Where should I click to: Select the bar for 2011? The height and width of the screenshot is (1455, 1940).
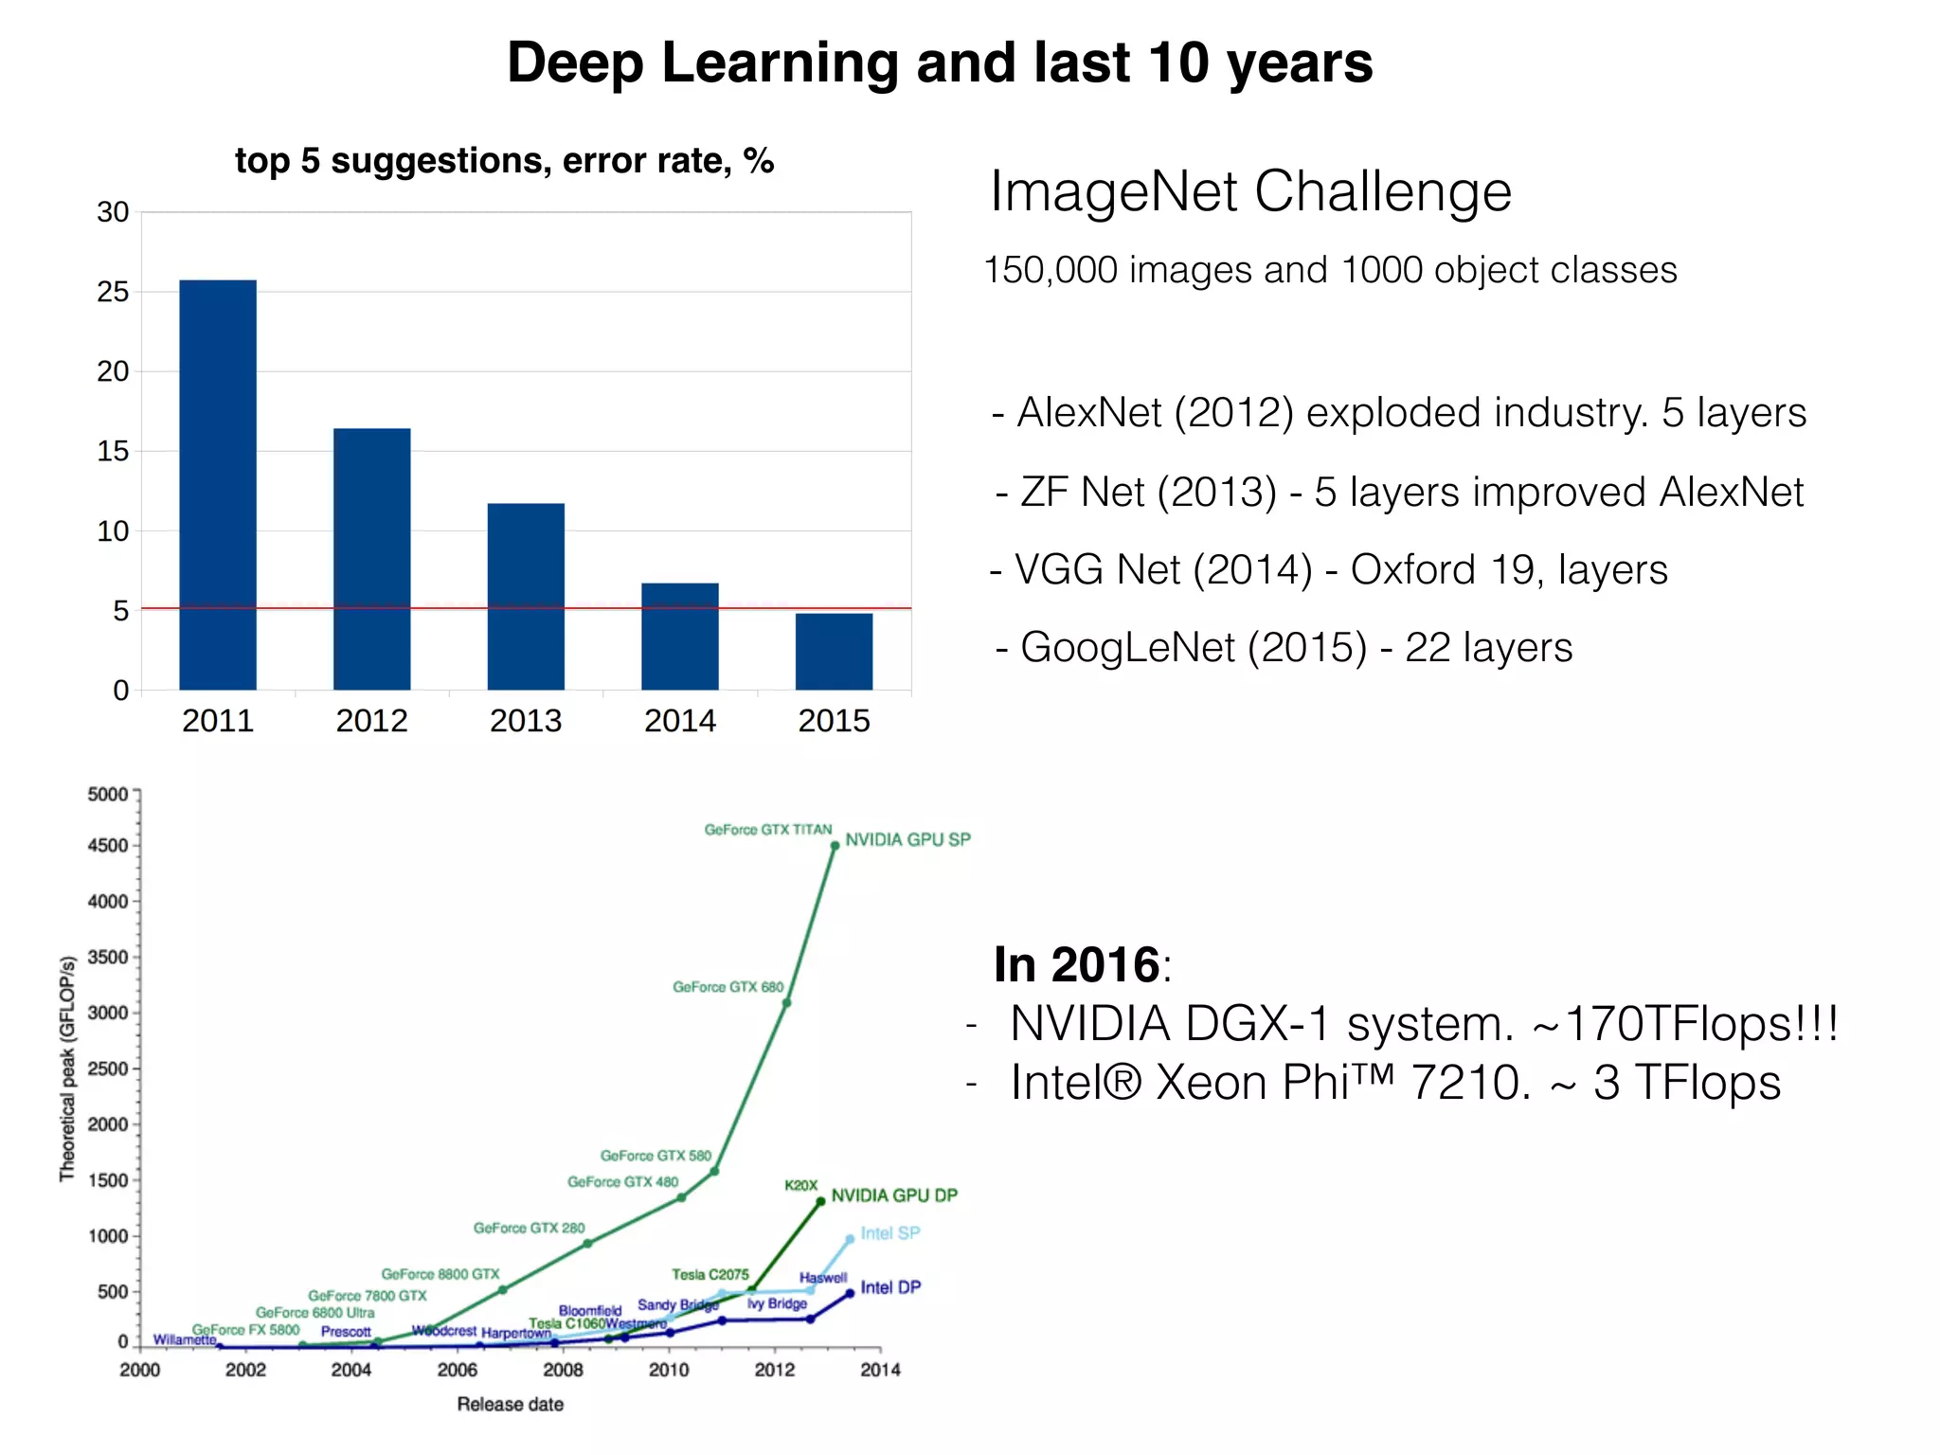point(218,484)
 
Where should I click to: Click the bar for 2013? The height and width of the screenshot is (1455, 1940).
point(526,596)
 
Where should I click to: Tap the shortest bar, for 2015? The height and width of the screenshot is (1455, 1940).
point(834,651)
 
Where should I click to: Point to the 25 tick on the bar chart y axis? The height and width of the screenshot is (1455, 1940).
point(113,292)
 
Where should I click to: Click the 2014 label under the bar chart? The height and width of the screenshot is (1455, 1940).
point(679,721)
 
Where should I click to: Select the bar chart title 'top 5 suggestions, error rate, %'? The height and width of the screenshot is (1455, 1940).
point(504,161)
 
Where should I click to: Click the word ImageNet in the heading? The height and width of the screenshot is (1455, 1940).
point(1114,192)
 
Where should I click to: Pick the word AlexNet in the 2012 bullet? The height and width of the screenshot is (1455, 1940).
point(1088,413)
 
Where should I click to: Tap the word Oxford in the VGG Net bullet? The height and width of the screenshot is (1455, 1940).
point(1412,570)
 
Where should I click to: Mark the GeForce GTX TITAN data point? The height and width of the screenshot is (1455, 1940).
point(835,845)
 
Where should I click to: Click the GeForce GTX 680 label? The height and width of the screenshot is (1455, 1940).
point(727,987)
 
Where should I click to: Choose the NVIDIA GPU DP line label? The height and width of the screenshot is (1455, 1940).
point(894,1195)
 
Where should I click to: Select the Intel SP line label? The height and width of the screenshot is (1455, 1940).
point(889,1233)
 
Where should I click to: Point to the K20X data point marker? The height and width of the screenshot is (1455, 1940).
point(820,1201)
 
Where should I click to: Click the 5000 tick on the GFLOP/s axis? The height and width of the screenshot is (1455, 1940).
point(107,795)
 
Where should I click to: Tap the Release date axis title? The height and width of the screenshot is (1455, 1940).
point(510,1404)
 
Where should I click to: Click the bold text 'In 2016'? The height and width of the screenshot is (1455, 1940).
point(1076,965)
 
